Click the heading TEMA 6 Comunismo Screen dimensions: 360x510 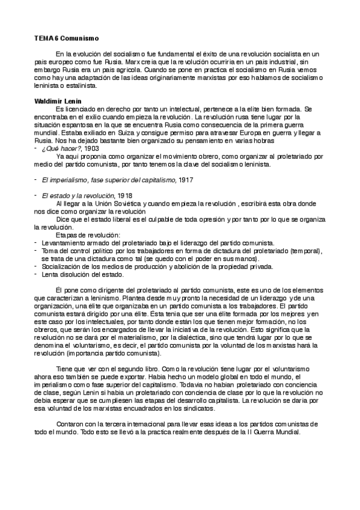[66, 38]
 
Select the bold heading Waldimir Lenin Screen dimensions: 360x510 [58, 100]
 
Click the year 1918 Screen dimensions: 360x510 [124, 196]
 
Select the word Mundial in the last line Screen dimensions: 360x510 [294, 432]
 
